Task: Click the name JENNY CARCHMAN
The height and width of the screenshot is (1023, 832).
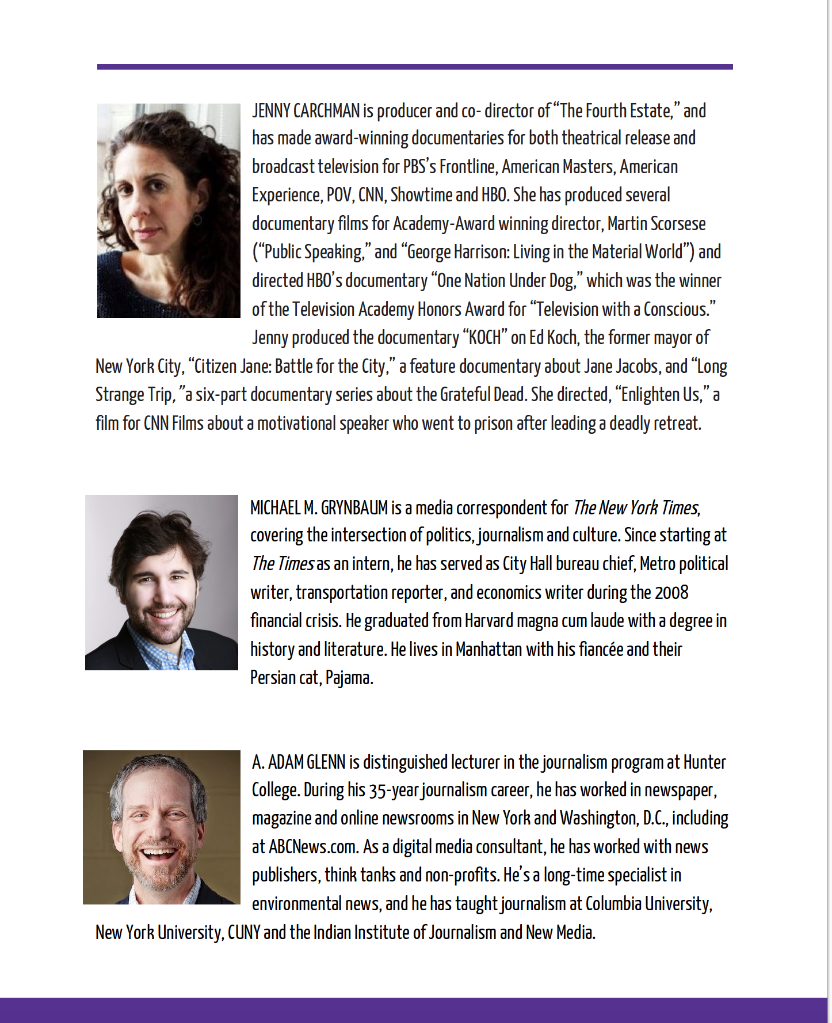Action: (306, 110)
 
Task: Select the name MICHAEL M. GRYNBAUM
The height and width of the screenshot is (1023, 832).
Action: (319, 508)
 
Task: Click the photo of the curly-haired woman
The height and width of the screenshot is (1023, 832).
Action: (169, 211)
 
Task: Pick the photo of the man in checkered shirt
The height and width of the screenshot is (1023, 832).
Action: (161, 582)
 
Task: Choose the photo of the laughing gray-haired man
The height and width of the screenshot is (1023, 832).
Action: (161, 827)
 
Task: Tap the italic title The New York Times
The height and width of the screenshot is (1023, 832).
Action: (635, 508)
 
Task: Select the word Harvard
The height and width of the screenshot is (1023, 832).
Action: (488, 621)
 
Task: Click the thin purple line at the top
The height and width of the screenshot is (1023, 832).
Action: (414, 67)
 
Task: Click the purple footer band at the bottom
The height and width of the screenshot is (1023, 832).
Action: (414, 1010)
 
